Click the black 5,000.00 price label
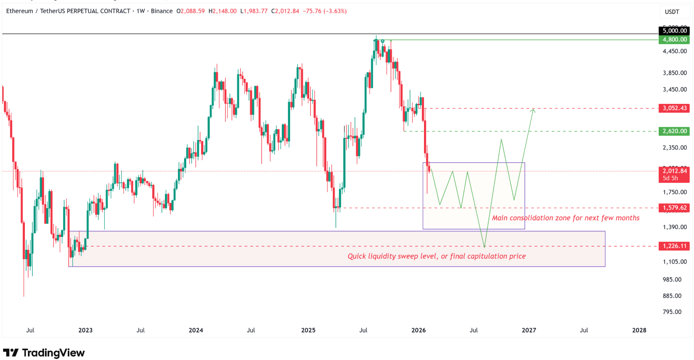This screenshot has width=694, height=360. (x=674, y=31)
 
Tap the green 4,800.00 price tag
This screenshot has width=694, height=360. (x=674, y=40)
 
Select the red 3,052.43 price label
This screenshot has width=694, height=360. (x=674, y=108)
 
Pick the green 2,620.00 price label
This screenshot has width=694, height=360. (x=674, y=131)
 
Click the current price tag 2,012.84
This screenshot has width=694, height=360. (x=674, y=171)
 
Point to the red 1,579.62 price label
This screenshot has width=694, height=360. (x=674, y=208)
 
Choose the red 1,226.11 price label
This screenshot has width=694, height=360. (x=674, y=246)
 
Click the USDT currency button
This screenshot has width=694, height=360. (x=672, y=12)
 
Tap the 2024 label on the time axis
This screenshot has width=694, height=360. (x=196, y=330)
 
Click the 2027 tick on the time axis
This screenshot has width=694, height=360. (x=529, y=330)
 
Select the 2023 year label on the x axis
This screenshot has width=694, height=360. (x=85, y=330)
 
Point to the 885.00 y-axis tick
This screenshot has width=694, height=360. (x=672, y=296)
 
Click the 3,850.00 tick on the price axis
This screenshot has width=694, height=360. (x=675, y=73)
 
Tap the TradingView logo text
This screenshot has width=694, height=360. (x=53, y=353)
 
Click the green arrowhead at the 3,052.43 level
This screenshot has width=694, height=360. (x=533, y=110)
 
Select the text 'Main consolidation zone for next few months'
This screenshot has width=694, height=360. (x=566, y=218)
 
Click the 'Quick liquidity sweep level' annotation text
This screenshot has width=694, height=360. (x=436, y=256)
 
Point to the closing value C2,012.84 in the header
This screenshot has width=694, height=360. (x=285, y=11)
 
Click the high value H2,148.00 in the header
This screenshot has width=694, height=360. (x=222, y=11)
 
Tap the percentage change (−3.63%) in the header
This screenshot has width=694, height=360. (x=335, y=11)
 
